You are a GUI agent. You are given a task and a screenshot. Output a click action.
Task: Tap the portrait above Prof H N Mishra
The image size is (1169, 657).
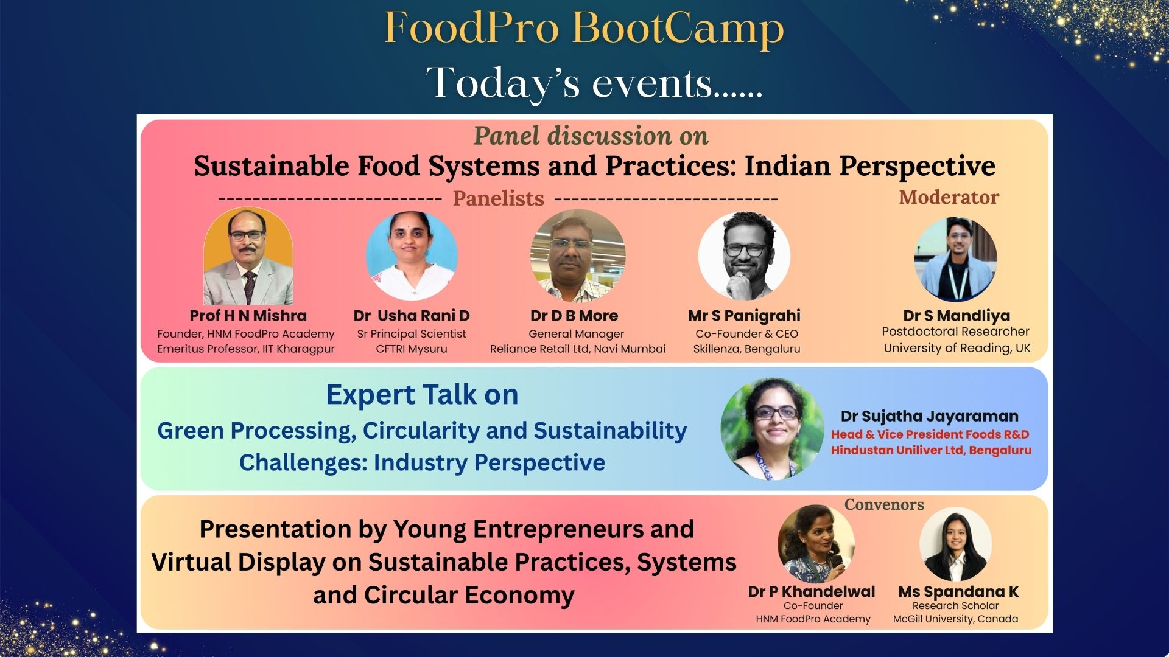point(248,256)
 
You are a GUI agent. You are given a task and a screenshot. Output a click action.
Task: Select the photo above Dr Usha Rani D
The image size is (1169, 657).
point(412,255)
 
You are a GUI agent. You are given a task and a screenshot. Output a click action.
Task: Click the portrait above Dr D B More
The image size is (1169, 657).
point(578,256)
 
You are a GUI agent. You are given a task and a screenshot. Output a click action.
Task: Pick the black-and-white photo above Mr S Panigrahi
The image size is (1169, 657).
point(744,255)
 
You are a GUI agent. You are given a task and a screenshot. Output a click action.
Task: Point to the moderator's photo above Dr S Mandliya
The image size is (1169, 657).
point(955,259)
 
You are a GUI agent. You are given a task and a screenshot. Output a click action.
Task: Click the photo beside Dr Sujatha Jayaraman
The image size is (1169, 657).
point(773,429)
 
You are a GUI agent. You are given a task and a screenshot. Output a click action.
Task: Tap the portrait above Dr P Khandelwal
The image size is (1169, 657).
point(816,544)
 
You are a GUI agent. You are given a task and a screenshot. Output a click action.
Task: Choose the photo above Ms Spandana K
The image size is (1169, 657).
point(955,544)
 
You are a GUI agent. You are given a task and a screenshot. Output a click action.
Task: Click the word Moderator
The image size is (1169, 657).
point(949,197)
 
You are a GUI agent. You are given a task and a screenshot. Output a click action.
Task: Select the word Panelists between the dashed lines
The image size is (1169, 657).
point(498,198)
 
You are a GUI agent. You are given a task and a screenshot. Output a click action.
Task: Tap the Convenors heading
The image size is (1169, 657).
point(884,504)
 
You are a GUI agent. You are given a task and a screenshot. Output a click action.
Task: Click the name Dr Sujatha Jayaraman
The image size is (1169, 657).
point(930,416)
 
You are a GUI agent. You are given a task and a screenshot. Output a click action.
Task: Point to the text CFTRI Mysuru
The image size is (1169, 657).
point(412,349)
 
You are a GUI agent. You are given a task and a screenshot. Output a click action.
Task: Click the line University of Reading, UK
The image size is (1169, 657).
point(957,348)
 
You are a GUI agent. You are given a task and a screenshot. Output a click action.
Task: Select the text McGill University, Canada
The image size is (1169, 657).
point(955,619)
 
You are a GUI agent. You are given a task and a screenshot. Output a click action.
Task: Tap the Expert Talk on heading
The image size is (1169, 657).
point(422,394)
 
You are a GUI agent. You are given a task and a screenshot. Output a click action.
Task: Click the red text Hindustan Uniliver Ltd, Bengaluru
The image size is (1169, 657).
point(932,450)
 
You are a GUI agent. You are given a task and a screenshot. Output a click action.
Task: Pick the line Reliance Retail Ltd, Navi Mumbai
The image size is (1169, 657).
point(578,349)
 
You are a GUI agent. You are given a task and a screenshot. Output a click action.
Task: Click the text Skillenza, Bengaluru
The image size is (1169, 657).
point(746,349)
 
